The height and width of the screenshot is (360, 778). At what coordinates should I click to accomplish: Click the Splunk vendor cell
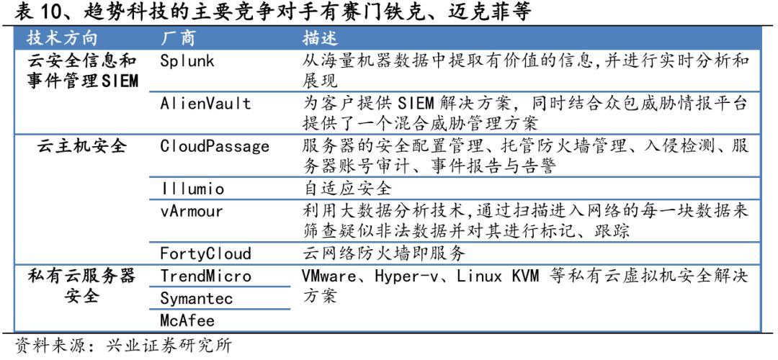(187, 61)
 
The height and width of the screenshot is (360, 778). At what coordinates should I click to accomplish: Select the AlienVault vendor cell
(205, 104)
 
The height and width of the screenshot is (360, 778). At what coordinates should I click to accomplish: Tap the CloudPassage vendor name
(215, 147)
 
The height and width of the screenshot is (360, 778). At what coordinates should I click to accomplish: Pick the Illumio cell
(192, 189)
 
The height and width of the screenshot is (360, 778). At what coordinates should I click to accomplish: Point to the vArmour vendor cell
(192, 211)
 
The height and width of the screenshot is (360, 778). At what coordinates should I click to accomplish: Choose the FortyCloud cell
(205, 253)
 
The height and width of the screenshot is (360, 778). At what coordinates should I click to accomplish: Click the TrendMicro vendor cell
(205, 276)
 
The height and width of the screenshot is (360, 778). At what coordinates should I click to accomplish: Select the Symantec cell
(196, 297)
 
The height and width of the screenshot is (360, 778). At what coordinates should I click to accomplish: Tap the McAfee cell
(187, 320)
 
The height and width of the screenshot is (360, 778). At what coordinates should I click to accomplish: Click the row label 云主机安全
(82, 147)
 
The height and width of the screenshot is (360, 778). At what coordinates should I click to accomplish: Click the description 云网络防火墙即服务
(384, 253)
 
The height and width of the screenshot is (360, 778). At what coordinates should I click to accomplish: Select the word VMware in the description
(331, 276)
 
